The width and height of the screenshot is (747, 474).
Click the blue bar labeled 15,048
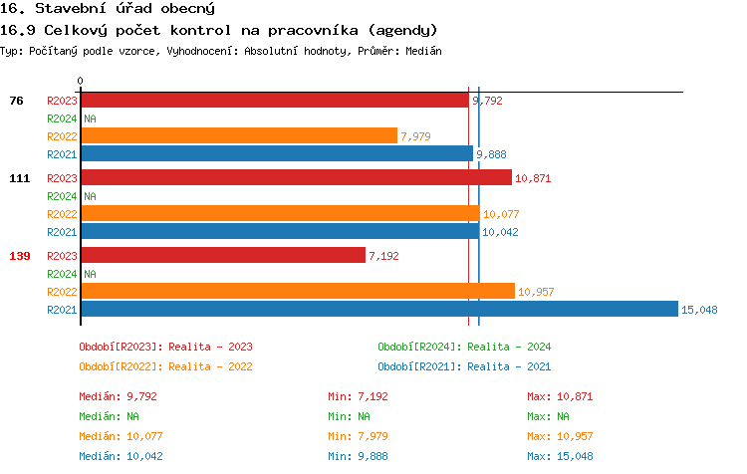pos(378,310)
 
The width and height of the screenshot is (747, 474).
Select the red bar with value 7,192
pos(223,256)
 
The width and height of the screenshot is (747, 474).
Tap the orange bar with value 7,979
pos(238,135)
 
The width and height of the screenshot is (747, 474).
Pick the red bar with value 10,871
pos(296,178)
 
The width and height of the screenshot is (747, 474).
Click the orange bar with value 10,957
pos(297,292)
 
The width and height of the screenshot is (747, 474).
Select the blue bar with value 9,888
pos(276,153)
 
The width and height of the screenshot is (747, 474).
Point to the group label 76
pos(16,101)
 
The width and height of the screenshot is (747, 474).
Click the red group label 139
pos(20,256)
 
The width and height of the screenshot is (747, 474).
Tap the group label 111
pos(20,178)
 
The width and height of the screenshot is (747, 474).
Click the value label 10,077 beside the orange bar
pos(503,214)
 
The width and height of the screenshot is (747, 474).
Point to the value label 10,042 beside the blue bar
pos(502,232)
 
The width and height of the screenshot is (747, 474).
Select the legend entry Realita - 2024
pos(464,347)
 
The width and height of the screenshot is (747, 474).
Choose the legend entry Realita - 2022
pos(165,366)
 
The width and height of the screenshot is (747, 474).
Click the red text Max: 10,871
pos(560,396)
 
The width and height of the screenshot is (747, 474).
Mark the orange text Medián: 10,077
pos(121,436)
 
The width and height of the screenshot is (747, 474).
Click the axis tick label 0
pos(81,82)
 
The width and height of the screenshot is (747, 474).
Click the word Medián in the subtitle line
pos(423,50)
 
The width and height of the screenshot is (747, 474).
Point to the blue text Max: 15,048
pos(560,456)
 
